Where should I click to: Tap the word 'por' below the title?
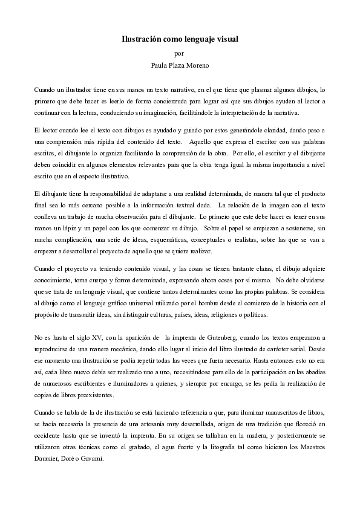[x=179, y=53]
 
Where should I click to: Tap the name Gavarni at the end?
[x=92, y=458]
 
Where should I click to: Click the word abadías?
[x=313, y=372]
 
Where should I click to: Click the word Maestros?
[x=310, y=446]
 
